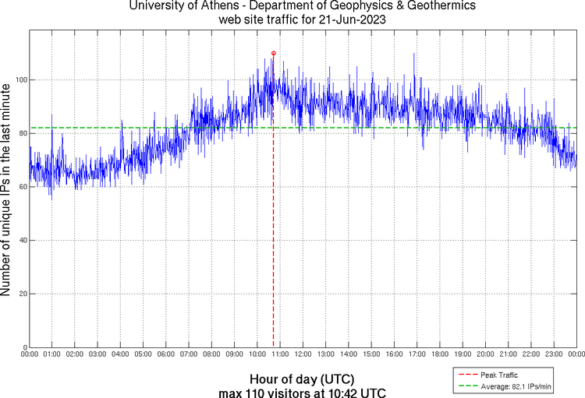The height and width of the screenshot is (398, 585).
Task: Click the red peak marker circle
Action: (x=273, y=53)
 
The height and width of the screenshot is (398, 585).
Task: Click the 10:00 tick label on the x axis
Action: (x=257, y=354)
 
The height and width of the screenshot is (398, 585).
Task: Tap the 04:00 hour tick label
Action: (x=121, y=354)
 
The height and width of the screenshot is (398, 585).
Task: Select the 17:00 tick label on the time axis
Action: (x=417, y=354)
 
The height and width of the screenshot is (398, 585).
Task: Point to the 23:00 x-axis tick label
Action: (x=554, y=354)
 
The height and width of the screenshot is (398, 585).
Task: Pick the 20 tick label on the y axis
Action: (x=21, y=294)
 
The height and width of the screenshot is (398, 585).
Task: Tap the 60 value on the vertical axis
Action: (x=21, y=187)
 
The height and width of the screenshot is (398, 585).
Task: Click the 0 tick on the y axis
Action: (x=23, y=347)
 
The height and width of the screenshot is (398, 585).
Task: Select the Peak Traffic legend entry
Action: (x=499, y=375)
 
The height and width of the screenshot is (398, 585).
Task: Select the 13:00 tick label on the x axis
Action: (x=326, y=354)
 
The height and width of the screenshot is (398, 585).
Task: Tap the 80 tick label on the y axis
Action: (x=21, y=133)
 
